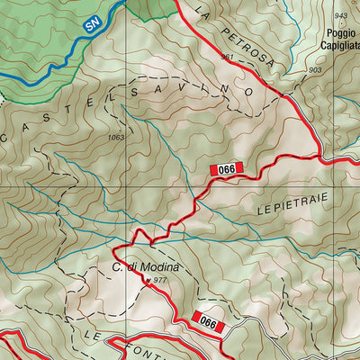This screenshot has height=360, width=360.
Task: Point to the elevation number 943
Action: tap(340, 16)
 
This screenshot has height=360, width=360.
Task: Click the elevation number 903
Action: tap(314, 70)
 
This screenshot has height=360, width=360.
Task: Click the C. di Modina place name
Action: tap(146, 267)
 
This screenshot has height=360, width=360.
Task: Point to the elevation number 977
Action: tap(160, 281)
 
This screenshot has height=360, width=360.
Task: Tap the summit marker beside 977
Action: tap(148, 280)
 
